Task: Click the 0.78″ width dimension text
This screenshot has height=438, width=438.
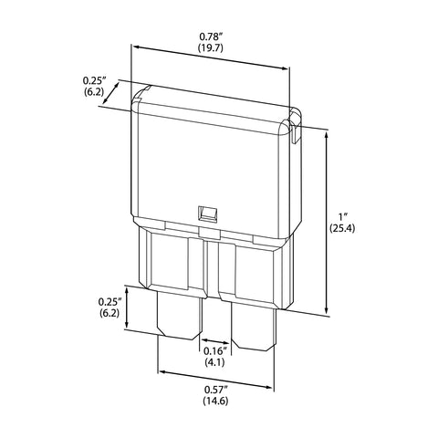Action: click(211, 37)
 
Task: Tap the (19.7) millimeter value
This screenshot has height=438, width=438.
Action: click(211, 47)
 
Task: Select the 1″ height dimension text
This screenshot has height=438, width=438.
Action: click(344, 217)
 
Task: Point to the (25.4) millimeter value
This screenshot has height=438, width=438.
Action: click(342, 228)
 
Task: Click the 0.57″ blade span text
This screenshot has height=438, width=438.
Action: click(216, 390)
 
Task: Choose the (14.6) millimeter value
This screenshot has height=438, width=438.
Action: click(215, 401)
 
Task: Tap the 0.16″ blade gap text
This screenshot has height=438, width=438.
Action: click(215, 351)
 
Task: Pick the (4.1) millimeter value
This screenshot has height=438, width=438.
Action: click(214, 362)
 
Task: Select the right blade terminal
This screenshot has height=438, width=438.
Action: click(255, 327)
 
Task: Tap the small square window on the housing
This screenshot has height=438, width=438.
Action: click(207, 214)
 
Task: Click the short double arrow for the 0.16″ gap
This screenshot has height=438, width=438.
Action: click(215, 341)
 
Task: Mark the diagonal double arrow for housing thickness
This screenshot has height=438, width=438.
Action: click(110, 92)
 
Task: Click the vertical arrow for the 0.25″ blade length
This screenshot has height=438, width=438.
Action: click(128, 308)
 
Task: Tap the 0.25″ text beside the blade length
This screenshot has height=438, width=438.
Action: click(110, 302)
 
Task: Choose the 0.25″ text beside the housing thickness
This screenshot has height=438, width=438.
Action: click(94, 80)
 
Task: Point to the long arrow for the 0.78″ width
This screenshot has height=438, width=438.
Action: click(211, 57)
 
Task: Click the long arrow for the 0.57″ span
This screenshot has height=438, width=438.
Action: click(215, 380)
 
